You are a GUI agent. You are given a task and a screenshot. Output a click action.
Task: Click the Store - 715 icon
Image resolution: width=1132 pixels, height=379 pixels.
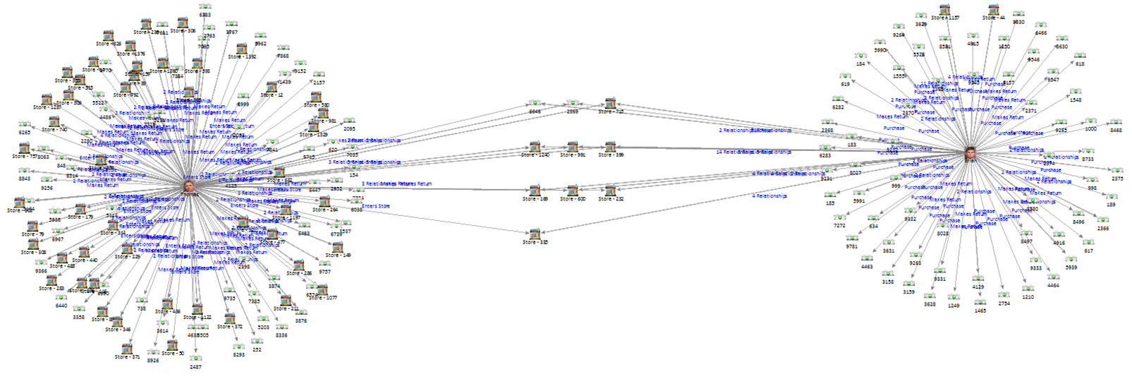tap(610, 103)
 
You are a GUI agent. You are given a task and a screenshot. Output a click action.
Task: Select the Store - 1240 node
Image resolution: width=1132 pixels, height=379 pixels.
tap(535, 147)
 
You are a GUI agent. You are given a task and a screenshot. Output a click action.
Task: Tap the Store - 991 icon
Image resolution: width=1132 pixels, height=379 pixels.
tap(572, 147)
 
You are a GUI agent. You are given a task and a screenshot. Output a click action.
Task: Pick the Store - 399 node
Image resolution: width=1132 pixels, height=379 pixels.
tap(610, 147)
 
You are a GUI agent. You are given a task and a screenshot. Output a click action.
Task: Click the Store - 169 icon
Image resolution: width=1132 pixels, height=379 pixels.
tap(535, 191)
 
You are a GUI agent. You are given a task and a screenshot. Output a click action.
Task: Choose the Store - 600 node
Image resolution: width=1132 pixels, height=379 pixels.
tap(572, 191)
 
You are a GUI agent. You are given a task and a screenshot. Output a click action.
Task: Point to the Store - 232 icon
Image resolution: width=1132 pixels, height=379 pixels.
tap(610, 191)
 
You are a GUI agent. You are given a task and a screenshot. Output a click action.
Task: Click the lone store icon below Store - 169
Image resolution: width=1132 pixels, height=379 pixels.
tap(535, 234)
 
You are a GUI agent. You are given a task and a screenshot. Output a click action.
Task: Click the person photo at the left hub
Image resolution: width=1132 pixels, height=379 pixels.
tap(188, 185)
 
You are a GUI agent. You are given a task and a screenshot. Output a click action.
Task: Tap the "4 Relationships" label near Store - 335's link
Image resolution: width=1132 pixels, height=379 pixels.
tap(769, 196)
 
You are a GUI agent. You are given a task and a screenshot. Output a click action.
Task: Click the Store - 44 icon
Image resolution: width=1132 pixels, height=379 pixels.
tap(993, 10)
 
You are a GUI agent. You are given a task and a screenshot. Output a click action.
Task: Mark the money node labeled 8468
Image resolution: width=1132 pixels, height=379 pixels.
tap(1116, 123)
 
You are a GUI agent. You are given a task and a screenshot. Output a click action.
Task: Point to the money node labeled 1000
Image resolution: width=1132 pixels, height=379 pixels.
tap(1091, 122)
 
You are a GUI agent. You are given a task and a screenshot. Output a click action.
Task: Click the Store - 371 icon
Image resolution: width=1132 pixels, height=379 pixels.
tap(127, 349)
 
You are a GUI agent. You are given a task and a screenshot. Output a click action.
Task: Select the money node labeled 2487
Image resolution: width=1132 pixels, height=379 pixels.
tap(195, 359)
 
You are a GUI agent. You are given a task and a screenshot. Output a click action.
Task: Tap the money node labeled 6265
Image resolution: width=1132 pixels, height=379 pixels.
tap(25, 125)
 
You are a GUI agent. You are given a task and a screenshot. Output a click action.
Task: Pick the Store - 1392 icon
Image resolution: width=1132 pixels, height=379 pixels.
tap(242, 49)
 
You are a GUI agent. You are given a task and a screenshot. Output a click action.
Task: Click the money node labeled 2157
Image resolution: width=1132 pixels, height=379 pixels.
tap(319, 75)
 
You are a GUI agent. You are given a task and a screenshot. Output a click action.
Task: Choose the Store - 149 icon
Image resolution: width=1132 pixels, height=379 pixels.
tap(338, 247)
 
